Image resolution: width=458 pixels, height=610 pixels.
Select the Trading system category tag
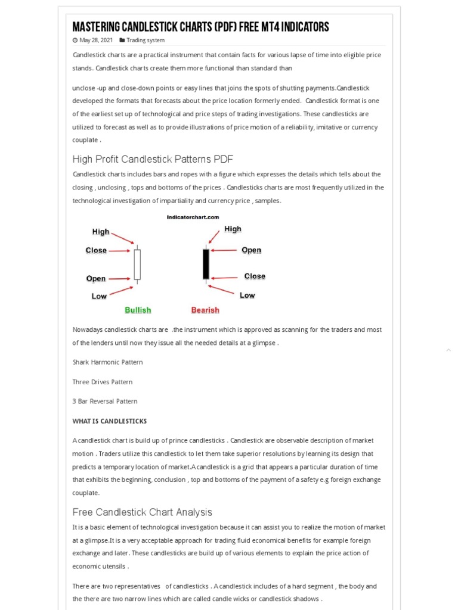[x=145, y=41]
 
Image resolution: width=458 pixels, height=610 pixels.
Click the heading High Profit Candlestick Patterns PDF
[x=153, y=159]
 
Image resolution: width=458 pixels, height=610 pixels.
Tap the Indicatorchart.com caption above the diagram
[x=193, y=217]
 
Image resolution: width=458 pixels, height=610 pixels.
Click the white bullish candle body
[x=137, y=264]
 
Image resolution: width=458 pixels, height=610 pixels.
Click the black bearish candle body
[x=206, y=264]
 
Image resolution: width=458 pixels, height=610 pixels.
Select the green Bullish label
[x=138, y=310]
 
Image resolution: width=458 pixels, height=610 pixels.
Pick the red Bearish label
[x=205, y=310]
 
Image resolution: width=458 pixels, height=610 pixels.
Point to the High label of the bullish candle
[x=101, y=232]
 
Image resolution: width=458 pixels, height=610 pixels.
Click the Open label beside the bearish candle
[x=251, y=250]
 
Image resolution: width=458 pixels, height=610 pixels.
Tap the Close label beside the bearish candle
[x=255, y=276]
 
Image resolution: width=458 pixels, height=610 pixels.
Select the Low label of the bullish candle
[x=99, y=296]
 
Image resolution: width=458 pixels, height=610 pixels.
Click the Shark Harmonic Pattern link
[x=107, y=362]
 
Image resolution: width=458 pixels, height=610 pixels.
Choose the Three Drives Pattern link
[x=103, y=382]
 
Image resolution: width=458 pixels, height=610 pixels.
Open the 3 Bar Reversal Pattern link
[x=105, y=402]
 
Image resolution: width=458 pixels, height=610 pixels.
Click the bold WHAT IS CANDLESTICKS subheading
[x=110, y=421]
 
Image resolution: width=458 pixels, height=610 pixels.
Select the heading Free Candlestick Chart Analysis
[x=142, y=512]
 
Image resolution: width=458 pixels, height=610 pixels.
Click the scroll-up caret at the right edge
[x=448, y=350]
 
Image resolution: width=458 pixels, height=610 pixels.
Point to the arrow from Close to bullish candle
[x=120, y=251]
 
